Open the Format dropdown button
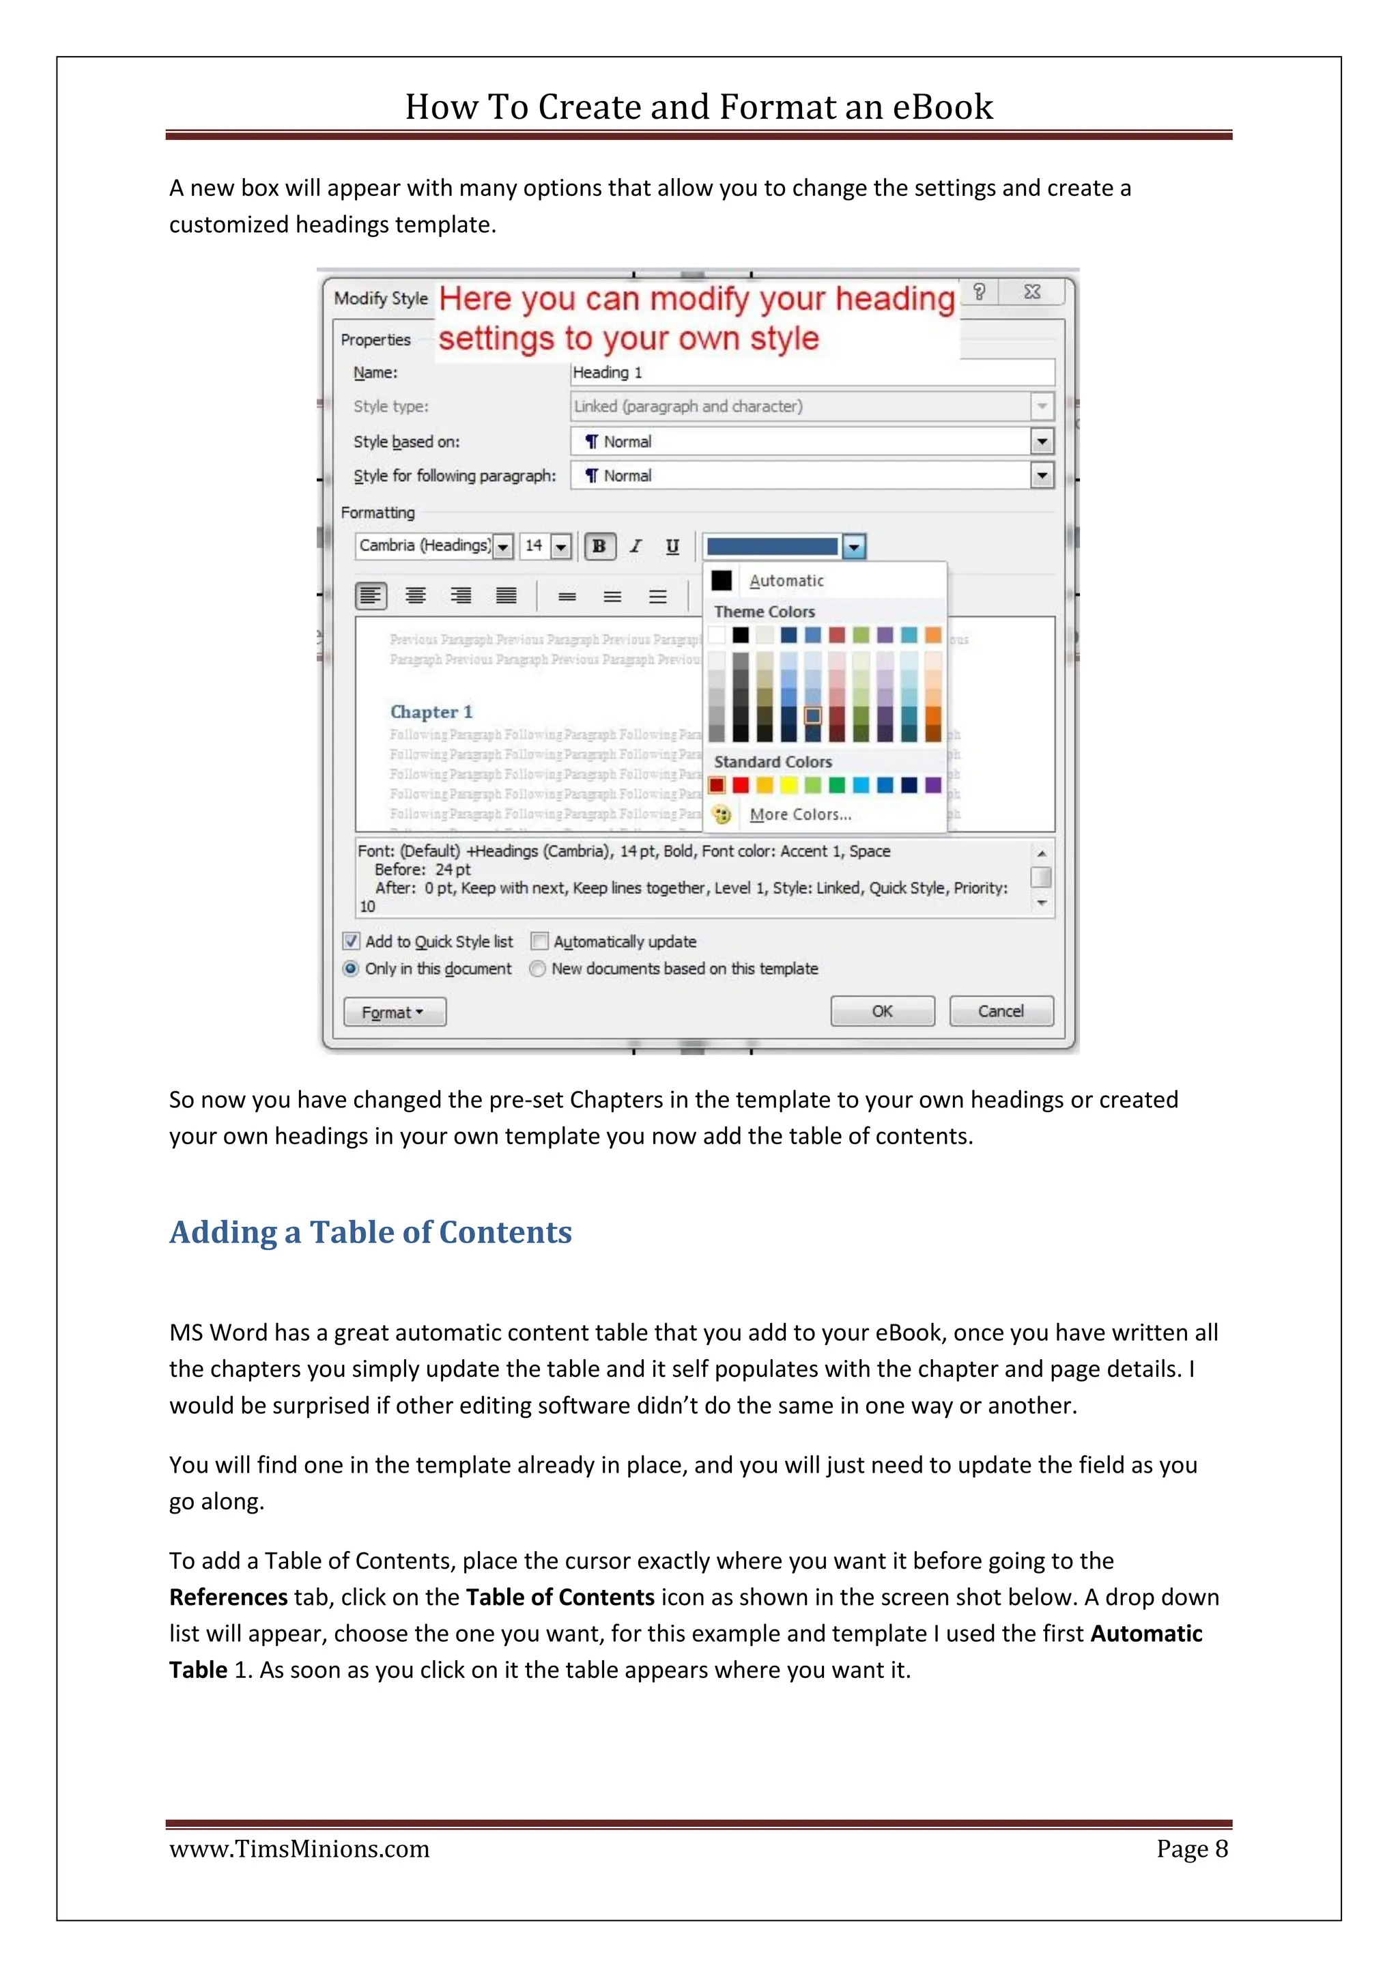pos(395,1012)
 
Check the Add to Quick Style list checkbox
pos(352,941)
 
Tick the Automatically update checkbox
pos(540,941)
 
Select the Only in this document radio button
pos(350,969)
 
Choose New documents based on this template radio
pos(538,969)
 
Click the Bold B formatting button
pos(599,546)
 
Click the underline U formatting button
pos(672,546)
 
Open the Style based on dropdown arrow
pos(1042,442)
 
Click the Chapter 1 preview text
pos(431,712)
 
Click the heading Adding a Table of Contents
pos(370,1232)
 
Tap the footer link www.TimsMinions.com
pos(299,1849)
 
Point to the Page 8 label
pos(1191,1849)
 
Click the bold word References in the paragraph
pos(228,1597)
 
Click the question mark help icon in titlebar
pos(979,292)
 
